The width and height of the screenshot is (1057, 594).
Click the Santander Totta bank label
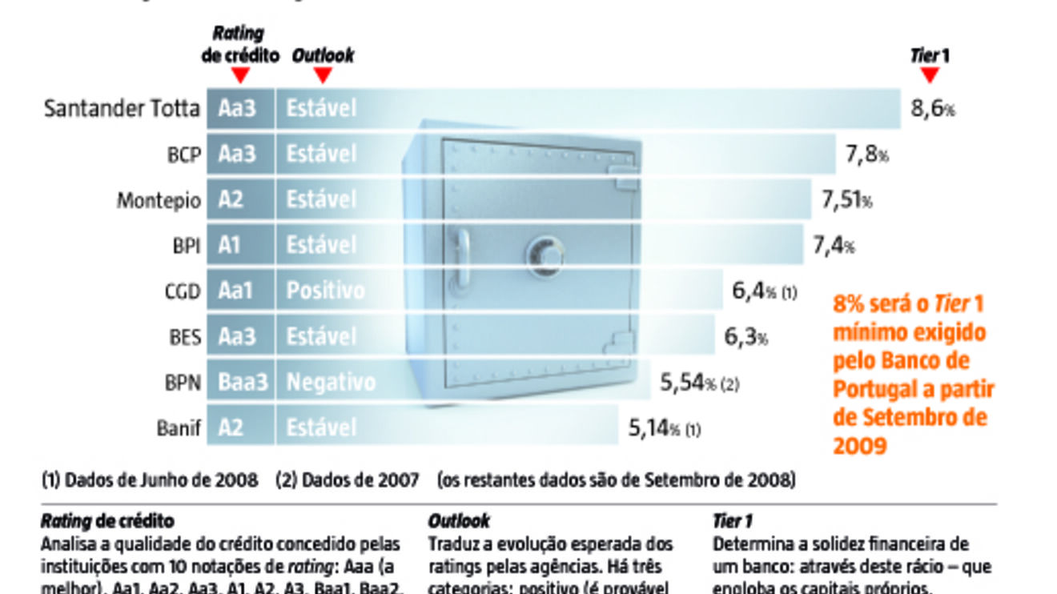pyautogui.click(x=121, y=109)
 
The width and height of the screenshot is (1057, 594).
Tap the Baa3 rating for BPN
pyautogui.click(x=242, y=383)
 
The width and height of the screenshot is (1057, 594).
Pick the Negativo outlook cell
pyautogui.click(x=331, y=383)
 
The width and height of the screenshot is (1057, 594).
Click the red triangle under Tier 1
pyautogui.click(x=930, y=75)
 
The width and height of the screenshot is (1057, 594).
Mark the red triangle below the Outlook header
pyautogui.click(x=323, y=75)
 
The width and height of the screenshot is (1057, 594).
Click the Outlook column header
pyautogui.click(x=323, y=56)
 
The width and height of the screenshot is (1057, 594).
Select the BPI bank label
pyautogui.click(x=184, y=246)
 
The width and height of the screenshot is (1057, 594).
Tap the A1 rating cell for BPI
pyautogui.click(x=230, y=246)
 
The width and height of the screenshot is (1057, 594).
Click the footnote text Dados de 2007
pyautogui.click(x=348, y=480)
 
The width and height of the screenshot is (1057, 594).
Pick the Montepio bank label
pyautogui.click(x=159, y=200)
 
